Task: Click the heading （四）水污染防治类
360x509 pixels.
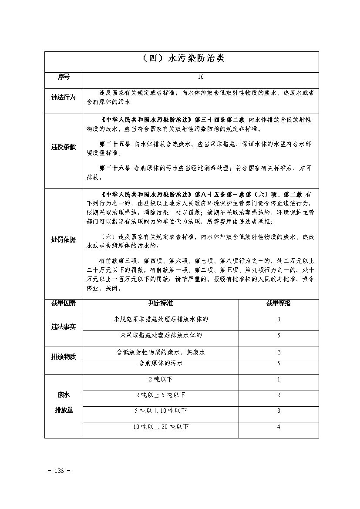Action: point(182,58)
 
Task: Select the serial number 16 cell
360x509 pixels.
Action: point(200,77)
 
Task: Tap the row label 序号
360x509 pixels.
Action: point(64,77)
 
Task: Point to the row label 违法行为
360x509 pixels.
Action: point(64,98)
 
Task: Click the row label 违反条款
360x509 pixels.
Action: point(64,147)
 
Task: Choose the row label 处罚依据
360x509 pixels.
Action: point(64,239)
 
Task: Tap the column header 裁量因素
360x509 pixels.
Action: point(64,303)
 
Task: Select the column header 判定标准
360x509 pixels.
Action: point(161,303)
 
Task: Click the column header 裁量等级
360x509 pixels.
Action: point(279,303)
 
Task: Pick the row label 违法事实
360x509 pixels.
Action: point(64,327)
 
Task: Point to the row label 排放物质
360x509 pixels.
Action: point(64,357)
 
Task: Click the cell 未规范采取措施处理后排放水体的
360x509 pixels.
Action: point(161,319)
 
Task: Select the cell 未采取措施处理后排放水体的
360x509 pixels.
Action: point(161,335)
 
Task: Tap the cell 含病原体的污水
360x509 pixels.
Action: point(161,363)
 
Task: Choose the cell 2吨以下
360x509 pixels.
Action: point(161,379)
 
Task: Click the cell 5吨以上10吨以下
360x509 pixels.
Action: point(161,411)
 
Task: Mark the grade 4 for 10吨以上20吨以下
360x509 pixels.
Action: point(279,427)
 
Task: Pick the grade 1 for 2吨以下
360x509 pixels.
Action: point(279,379)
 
